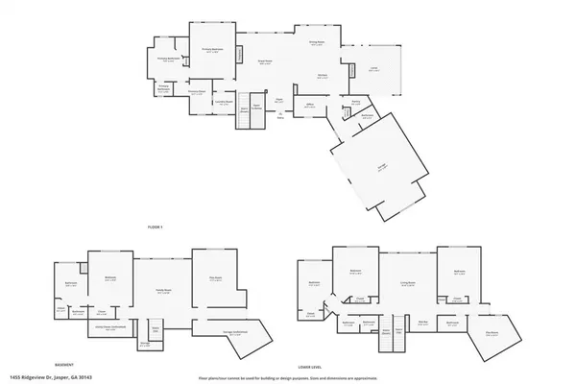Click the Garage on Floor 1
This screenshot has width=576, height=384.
383,165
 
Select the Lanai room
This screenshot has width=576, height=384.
373,69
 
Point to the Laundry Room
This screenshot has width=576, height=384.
222,103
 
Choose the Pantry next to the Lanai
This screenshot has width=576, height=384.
355,101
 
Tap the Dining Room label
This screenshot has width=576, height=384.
315,43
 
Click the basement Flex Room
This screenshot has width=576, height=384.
215,280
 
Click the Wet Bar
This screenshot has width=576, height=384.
422,324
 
